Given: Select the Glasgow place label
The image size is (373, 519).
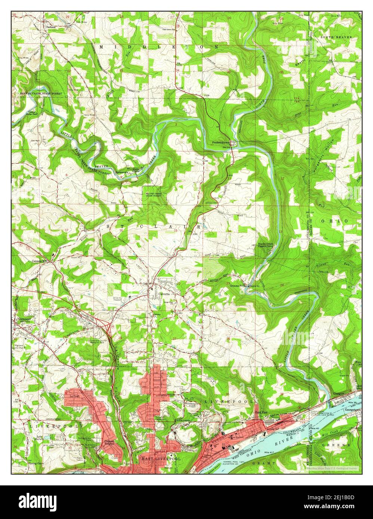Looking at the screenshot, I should click(339, 394).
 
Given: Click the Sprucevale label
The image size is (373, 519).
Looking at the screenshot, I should click(122, 172).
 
